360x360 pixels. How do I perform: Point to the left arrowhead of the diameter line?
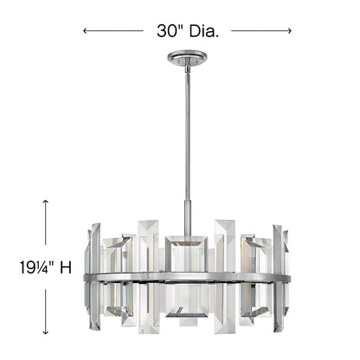pos(86,30)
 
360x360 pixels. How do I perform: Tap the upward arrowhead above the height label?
pos(45,201)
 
